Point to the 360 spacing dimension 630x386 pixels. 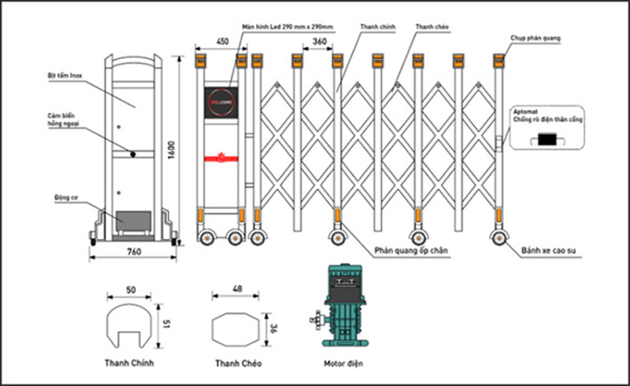319,41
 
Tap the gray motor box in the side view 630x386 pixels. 132,220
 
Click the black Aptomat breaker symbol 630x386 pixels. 545,140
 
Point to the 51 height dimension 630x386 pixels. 166,323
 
